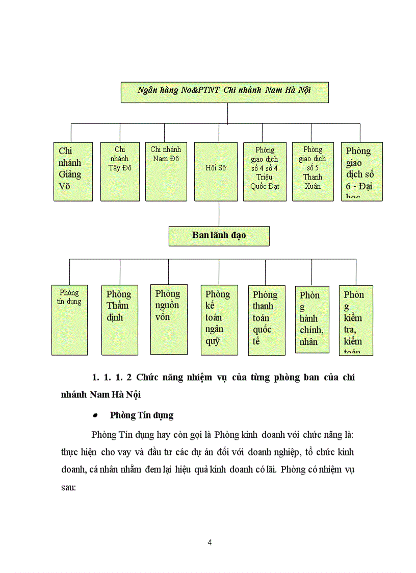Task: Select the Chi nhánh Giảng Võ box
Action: point(73,171)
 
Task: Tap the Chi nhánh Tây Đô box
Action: point(120,171)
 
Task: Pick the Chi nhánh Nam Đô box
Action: point(166,171)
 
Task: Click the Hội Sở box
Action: point(216,171)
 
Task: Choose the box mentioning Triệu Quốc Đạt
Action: point(265,171)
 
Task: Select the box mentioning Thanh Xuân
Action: point(313,171)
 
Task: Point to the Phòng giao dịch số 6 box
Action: point(361,171)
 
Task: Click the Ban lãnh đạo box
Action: point(219,236)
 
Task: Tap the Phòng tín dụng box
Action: point(69,319)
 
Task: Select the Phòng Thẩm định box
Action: point(120,319)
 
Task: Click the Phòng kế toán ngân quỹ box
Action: point(219,319)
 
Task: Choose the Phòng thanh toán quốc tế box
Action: point(267,320)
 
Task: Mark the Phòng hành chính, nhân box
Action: point(311,319)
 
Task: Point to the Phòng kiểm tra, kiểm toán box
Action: point(356,320)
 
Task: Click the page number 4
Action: point(210,542)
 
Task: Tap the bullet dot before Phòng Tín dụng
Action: point(95,416)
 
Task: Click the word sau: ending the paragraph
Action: point(68,487)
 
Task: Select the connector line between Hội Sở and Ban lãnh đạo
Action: point(219,213)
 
